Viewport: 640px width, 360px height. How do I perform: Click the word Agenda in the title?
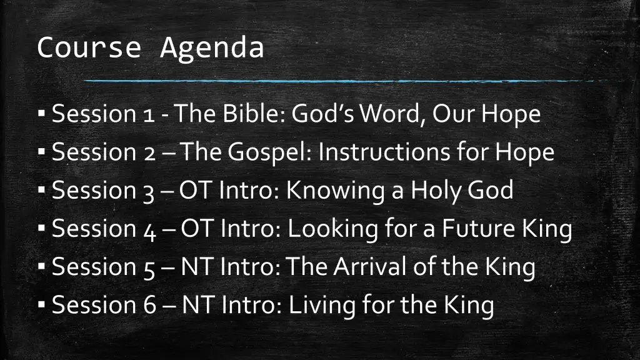point(212,49)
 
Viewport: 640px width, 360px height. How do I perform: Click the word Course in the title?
point(89,47)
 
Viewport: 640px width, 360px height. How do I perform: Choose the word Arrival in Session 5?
point(372,267)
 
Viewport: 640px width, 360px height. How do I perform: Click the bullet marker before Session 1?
point(41,114)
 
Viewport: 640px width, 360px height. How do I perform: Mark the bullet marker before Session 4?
point(41,229)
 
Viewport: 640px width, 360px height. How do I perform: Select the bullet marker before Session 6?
point(41,306)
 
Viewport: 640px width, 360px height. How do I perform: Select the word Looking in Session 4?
point(333,229)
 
